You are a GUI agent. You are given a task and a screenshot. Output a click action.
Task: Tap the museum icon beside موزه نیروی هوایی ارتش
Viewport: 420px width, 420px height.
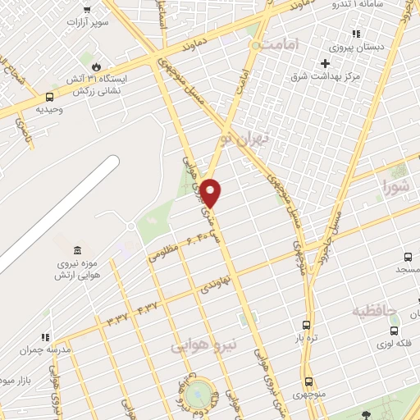click(76, 249)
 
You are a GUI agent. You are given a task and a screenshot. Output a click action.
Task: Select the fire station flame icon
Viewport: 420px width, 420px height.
click(96, 67)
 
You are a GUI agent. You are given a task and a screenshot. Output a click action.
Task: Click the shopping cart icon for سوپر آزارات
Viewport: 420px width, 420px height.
click(87, 11)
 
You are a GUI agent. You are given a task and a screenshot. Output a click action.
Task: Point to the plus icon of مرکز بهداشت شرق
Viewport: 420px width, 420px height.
click(326, 63)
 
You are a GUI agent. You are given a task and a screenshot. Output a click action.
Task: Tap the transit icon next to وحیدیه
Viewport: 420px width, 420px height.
click(49, 97)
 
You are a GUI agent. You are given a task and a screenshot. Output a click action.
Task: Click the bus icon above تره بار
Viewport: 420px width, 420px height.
click(306, 325)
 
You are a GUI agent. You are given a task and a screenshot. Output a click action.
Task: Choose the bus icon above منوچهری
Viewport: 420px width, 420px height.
click(309, 381)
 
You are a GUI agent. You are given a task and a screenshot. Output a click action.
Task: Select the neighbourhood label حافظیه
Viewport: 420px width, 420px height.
click(375, 311)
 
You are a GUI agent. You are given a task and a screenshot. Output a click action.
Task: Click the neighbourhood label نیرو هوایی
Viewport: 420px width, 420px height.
click(203, 346)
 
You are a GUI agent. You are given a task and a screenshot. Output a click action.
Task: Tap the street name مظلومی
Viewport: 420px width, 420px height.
click(164, 253)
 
